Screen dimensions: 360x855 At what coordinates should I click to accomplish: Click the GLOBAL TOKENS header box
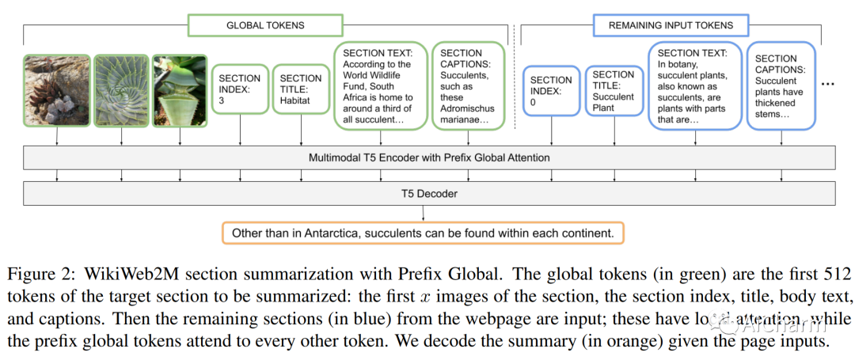coord(265,25)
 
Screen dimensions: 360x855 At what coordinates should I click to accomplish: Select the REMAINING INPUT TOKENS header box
coord(671,25)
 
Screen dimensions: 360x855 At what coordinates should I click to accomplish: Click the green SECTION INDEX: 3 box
coord(239,90)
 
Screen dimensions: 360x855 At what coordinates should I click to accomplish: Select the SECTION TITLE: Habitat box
coord(301,90)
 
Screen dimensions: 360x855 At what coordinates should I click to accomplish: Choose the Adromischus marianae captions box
coord(468,85)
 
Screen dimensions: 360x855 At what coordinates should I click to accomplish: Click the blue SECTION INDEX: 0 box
coord(551,91)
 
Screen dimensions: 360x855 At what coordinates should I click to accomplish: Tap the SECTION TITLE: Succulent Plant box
coord(613,91)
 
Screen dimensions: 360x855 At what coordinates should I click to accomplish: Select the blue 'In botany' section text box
coord(693,85)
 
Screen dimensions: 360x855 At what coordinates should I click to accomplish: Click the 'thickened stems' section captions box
coord(782,85)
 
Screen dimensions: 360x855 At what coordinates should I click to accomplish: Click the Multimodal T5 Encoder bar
coord(429,157)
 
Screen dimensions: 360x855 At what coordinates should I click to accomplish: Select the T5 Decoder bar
coord(429,192)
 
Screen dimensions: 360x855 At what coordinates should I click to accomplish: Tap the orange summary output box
coord(424,233)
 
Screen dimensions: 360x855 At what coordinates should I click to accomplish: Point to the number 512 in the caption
coord(836,275)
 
